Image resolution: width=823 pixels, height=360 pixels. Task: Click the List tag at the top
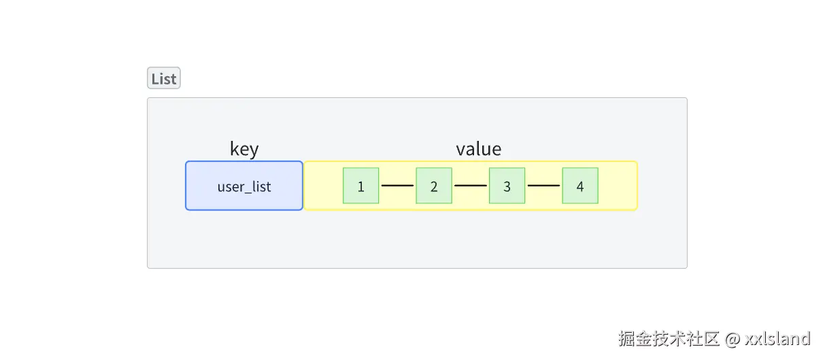pyautogui.click(x=164, y=78)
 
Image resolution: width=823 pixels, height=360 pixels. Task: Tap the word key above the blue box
pyautogui.click(x=244, y=149)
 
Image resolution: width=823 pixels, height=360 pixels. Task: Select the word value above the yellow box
pyautogui.click(x=479, y=149)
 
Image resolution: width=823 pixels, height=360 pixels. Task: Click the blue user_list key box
pyautogui.click(x=244, y=186)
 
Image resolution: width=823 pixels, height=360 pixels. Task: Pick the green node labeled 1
pyautogui.click(x=360, y=186)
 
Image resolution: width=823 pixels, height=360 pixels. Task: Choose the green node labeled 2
pyautogui.click(x=434, y=186)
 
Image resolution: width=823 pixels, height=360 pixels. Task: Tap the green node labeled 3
pyautogui.click(x=507, y=186)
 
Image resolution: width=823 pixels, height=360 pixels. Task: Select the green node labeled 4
pyautogui.click(x=580, y=186)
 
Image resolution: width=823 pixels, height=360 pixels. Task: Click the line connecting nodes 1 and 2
pyautogui.click(x=397, y=185)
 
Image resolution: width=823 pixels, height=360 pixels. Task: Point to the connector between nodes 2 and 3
pyautogui.click(x=471, y=185)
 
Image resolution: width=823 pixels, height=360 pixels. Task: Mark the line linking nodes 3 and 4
pyautogui.click(x=543, y=185)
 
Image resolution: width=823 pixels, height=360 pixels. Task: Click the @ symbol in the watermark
pyautogui.click(x=733, y=339)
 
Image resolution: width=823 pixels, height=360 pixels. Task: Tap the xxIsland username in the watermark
pyautogui.click(x=777, y=338)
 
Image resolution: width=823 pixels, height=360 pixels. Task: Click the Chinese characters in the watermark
pyautogui.click(x=669, y=338)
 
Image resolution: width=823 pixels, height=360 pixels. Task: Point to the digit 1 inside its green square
pyautogui.click(x=360, y=186)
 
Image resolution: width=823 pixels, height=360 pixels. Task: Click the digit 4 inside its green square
pyautogui.click(x=580, y=186)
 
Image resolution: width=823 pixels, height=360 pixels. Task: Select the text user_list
pyautogui.click(x=244, y=186)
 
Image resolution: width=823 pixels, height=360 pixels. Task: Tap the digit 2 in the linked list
pyautogui.click(x=434, y=186)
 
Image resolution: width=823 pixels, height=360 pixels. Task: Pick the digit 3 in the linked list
pyautogui.click(x=507, y=186)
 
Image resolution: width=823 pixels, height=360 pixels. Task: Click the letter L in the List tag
pyautogui.click(x=154, y=79)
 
